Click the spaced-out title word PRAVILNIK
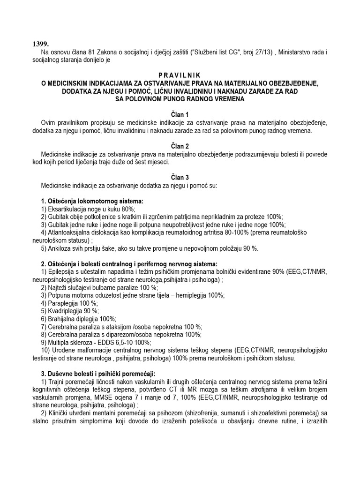(180, 75)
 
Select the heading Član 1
(180, 114)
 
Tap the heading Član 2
(180, 146)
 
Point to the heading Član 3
(180, 177)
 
